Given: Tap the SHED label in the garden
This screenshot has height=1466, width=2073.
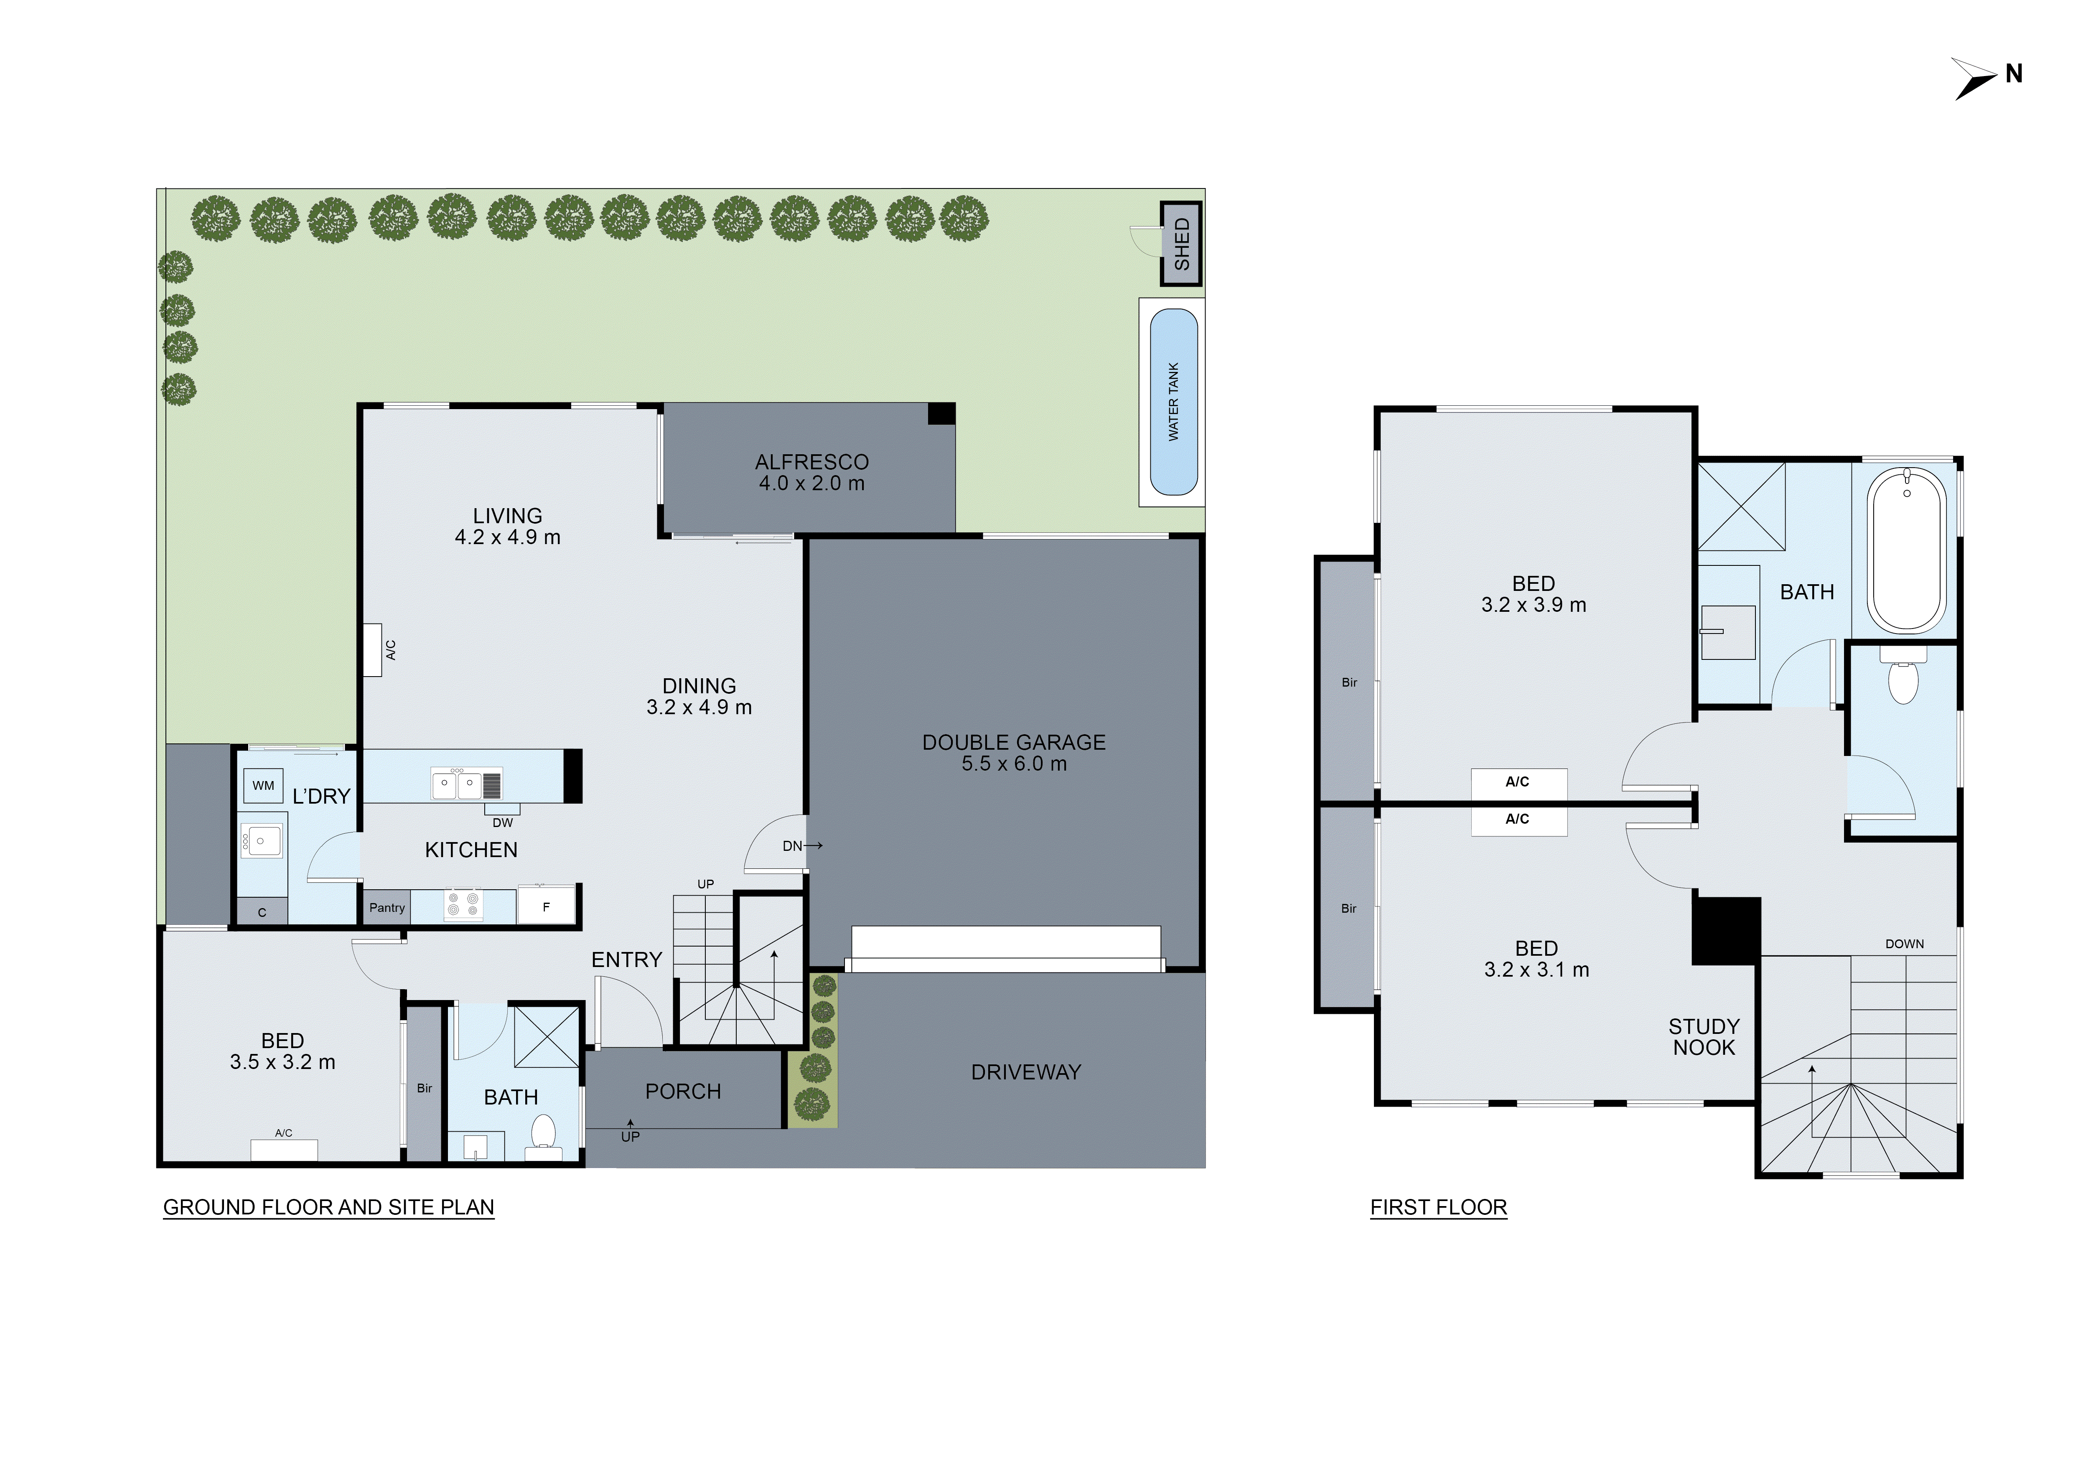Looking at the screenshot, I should pyautogui.click(x=1181, y=244).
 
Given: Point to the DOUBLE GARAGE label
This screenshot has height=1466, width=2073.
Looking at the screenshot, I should pyautogui.click(x=1013, y=742).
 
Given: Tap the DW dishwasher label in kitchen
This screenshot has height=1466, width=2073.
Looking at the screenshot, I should pyautogui.click(x=503, y=822).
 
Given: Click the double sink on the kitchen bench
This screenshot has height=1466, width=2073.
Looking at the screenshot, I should pyautogui.click(x=456, y=784).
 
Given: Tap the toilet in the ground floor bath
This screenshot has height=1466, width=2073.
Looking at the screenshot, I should pyautogui.click(x=543, y=1134).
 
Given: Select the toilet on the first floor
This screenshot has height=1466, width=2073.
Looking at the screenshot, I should pyautogui.click(x=1903, y=679).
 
